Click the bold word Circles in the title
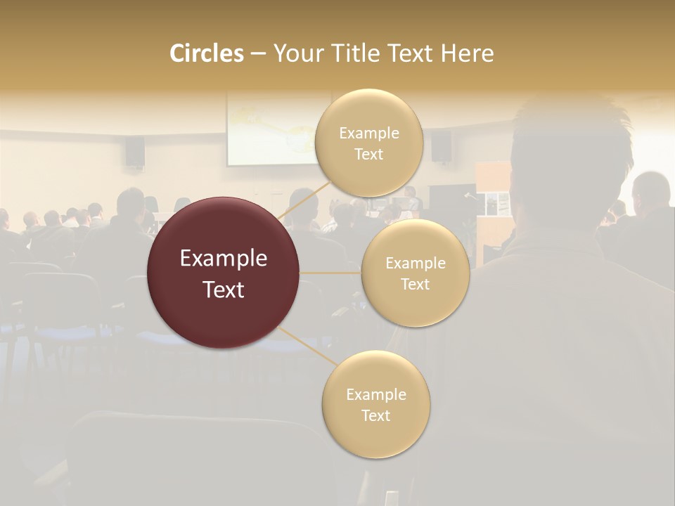(x=206, y=53)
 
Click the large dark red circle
(x=224, y=273)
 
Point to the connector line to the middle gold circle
(x=330, y=272)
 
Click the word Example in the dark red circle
(x=224, y=259)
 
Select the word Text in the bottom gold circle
(x=376, y=415)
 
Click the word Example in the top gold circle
(x=369, y=134)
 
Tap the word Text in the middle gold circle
(x=415, y=284)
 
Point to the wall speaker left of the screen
(x=135, y=151)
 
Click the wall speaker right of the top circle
(x=441, y=146)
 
